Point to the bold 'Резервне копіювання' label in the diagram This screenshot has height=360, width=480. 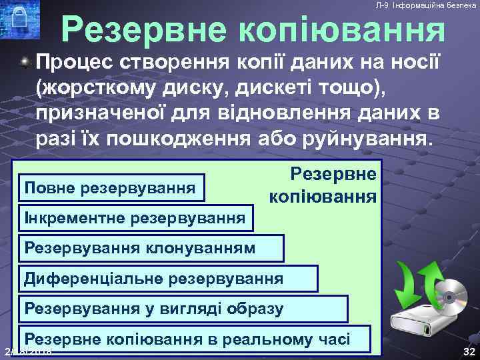click(323, 186)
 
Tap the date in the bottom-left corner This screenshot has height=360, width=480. click(29, 352)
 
